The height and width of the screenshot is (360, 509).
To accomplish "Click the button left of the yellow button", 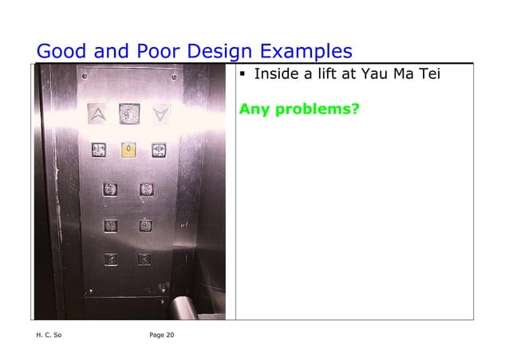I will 99,149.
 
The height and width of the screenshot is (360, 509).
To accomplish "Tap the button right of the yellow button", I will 158,149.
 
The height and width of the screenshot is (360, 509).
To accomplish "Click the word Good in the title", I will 63,52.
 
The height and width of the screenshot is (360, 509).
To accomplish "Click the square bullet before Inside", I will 243,77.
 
